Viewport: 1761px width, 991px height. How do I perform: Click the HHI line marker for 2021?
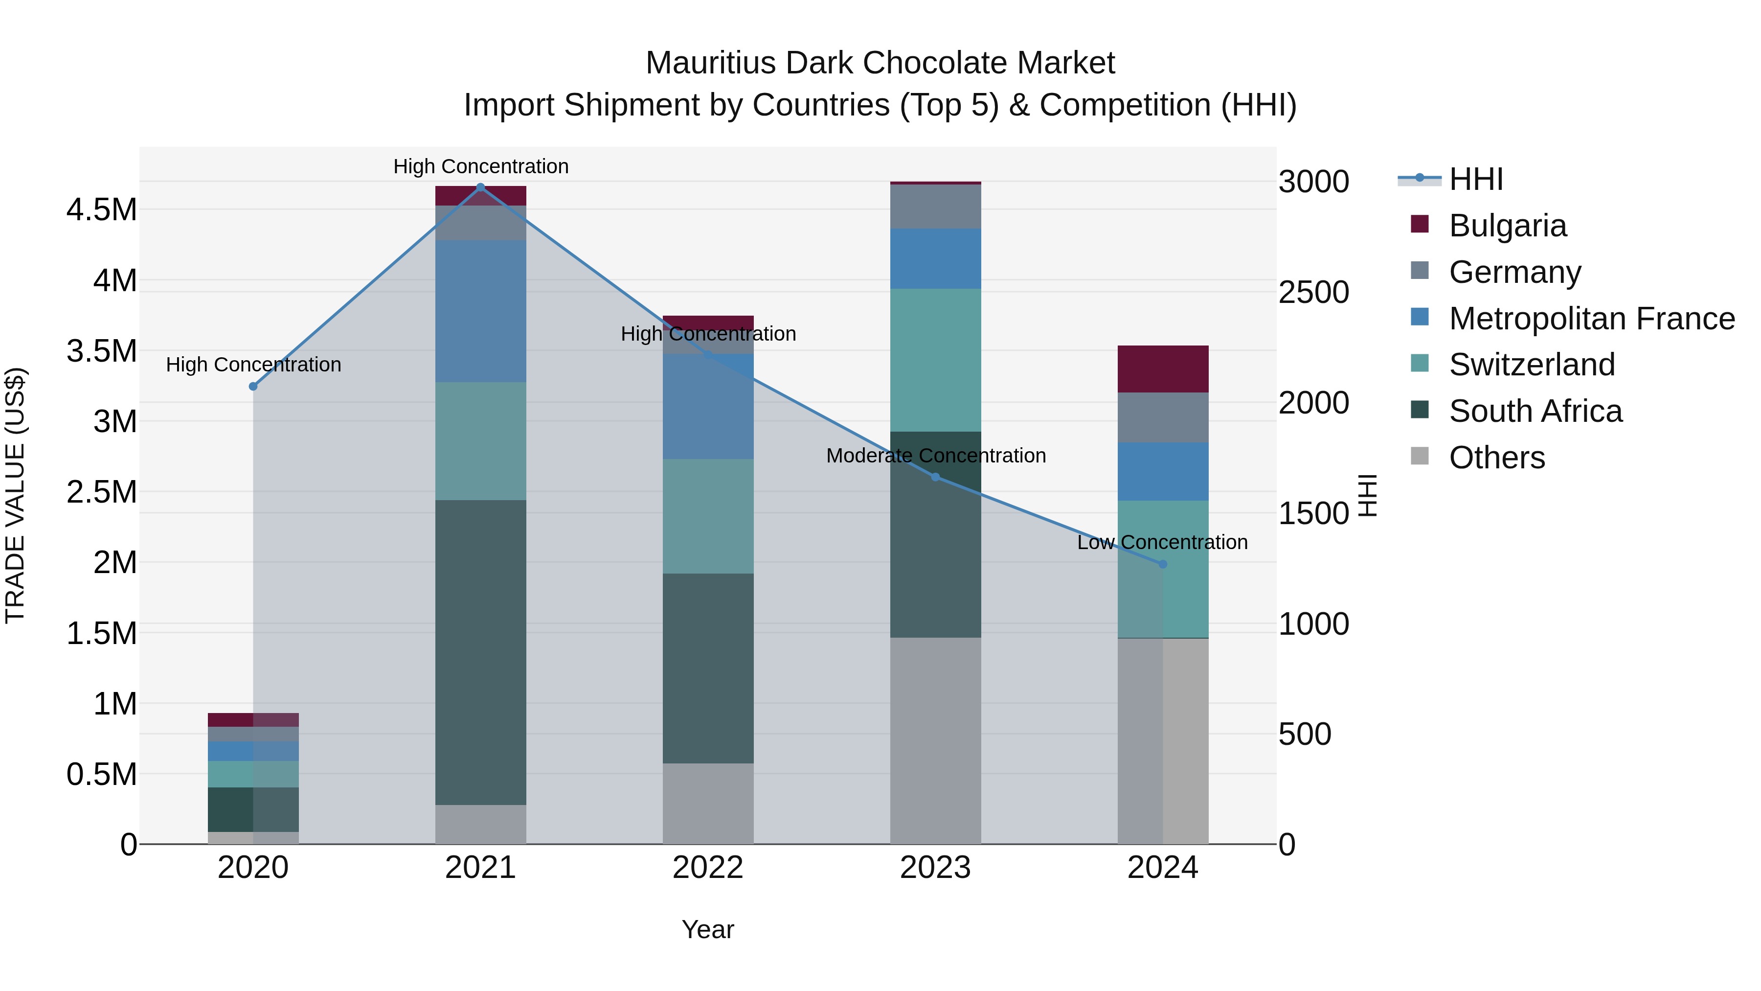tap(480, 187)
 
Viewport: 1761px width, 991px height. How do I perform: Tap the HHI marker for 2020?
tap(253, 387)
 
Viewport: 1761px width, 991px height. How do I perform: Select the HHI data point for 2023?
tap(935, 477)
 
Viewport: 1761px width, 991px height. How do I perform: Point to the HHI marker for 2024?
tap(1163, 564)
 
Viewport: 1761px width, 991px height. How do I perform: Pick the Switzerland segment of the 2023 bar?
tap(935, 360)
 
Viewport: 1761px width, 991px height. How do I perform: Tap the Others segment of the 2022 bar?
tap(708, 804)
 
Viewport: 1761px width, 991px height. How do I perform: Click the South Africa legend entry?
tap(1535, 411)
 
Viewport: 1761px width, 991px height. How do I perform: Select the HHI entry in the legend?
tap(1475, 179)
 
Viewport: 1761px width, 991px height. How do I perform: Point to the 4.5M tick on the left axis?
tap(102, 210)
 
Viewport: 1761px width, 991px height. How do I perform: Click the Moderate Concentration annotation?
tap(935, 456)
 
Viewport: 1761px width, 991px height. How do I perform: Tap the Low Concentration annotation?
tap(1162, 542)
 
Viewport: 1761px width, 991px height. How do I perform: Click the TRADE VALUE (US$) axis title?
tap(16, 495)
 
